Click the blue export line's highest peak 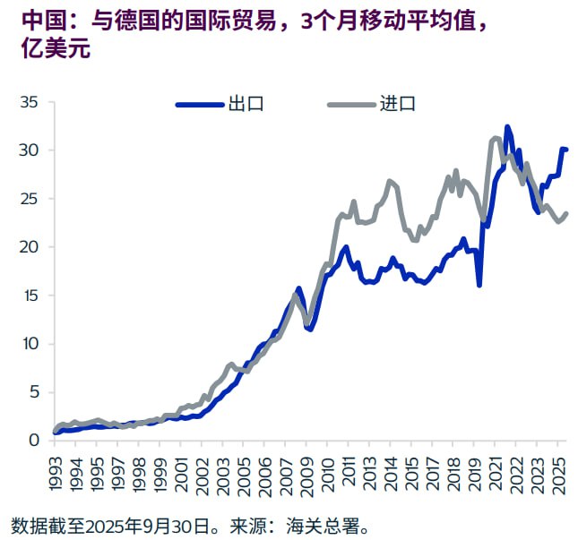click(507, 127)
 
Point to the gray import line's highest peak click(496, 138)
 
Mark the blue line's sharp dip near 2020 click(479, 285)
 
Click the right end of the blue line click(566, 150)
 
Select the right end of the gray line click(566, 213)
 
